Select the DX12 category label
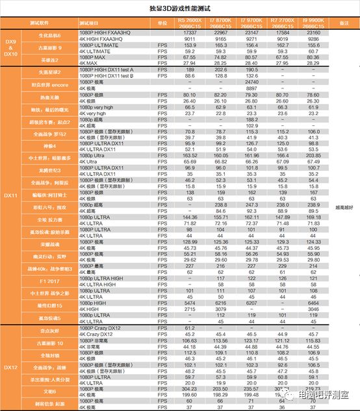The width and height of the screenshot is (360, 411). click(x=11, y=367)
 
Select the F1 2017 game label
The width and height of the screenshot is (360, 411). click(x=50, y=282)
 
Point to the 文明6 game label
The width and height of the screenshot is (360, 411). click(x=50, y=392)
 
